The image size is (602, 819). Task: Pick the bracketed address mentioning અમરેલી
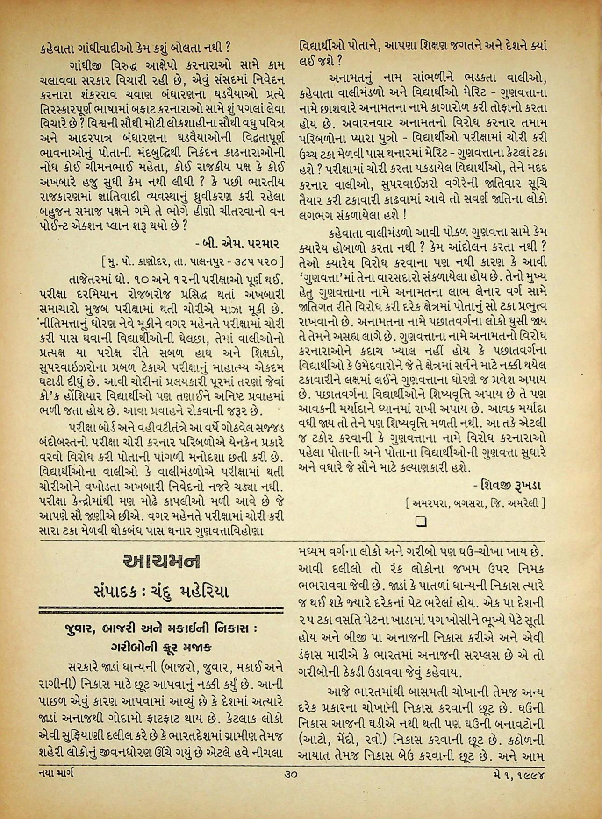pyautogui.click(x=475, y=503)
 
